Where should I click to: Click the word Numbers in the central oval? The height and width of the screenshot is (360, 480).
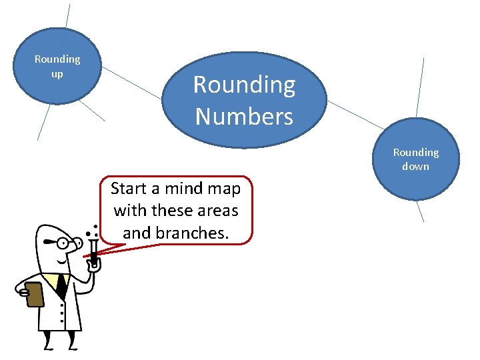click(x=244, y=117)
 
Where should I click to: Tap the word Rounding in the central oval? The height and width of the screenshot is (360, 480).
click(x=244, y=85)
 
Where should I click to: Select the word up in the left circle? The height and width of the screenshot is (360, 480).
click(x=57, y=73)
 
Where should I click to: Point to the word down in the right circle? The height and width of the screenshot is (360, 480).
click(x=415, y=166)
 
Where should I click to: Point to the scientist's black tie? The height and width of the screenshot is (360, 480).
click(x=61, y=285)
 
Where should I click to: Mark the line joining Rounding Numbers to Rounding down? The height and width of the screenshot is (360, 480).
click(x=356, y=115)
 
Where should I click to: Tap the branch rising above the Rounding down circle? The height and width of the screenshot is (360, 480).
click(x=420, y=87)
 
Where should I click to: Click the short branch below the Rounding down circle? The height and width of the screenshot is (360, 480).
click(x=419, y=211)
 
